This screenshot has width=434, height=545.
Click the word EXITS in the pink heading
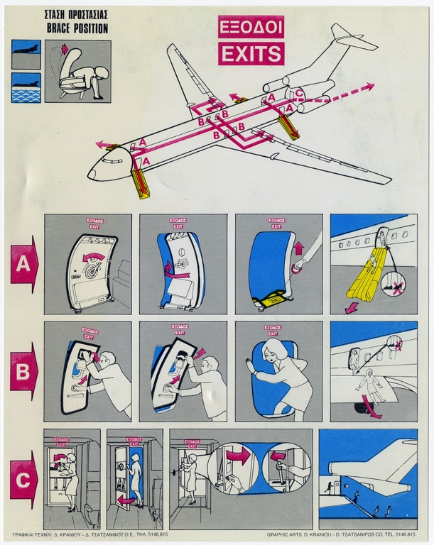tap(251, 53)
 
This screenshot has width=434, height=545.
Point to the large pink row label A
tap(23, 264)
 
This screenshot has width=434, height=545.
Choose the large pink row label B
tap(23, 370)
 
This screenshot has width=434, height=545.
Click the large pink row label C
tap(23, 480)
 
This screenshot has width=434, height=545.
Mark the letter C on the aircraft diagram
tap(300, 93)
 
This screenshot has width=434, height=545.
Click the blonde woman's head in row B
tap(273, 351)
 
